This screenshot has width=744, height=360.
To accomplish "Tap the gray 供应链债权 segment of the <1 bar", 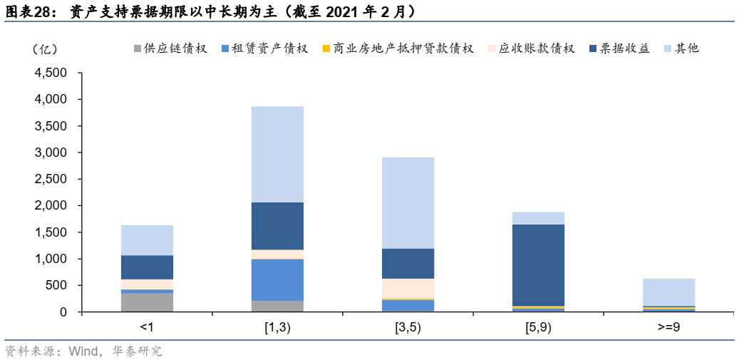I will pyautogui.click(x=147, y=302).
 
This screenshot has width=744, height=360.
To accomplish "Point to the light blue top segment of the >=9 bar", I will pyautogui.click(x=668, y=292).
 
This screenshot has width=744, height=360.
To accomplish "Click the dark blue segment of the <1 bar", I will pyautogui.click(x=147, y=267).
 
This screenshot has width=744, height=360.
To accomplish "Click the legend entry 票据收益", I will pyautogui.click(x=620, y=49).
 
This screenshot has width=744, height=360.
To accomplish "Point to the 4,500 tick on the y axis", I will pyautogui.click(x=51, y=73).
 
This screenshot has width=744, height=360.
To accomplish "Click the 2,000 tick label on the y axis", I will pyautogui.click(x=51, y=206).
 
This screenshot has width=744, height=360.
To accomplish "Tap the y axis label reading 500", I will pyautogui.click(x=56, y=286).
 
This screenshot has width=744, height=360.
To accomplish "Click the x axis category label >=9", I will pyautogui.click(x=668, y=328).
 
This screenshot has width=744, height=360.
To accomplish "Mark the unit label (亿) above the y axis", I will pyautogui.click(x=44, y=49).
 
